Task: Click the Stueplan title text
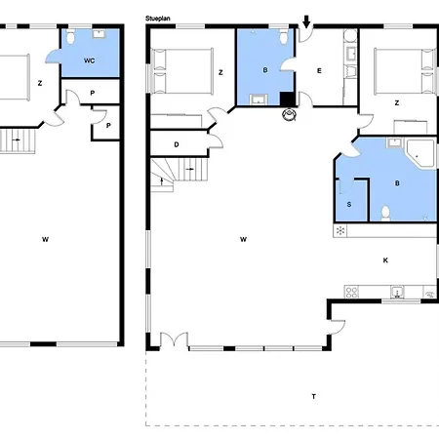[159, 18]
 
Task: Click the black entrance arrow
[307, 21]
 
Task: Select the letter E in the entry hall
[319, 71]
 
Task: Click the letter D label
[176, 144]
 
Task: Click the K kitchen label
[385, 259]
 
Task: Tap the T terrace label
[313, 396]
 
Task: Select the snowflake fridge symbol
[340, 230]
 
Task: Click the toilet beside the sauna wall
[387, 212]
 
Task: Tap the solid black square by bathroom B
[287, 98]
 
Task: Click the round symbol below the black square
[290, 115]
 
